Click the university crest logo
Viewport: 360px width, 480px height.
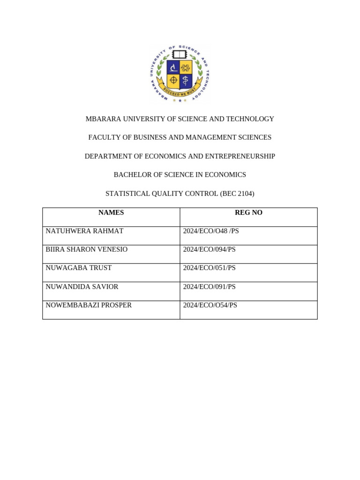tap(180, 74)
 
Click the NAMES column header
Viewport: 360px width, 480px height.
tap(111, 213)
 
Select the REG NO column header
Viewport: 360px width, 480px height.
tap(248, 213)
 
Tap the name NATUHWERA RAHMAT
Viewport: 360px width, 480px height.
tap(84, 231)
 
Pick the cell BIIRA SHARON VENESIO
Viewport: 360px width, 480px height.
tap(86, 249)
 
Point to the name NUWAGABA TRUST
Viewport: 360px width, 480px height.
tap(78, 268)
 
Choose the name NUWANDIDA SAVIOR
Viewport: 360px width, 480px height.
tap(82, 286)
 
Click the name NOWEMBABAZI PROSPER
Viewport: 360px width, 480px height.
tap(89, 305)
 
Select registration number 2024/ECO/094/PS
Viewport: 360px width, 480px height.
tap(209, 249)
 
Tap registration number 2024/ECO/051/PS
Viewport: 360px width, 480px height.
tap(209, 268)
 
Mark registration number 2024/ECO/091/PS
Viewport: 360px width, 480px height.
tap(209, 286)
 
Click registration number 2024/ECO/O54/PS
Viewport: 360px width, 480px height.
tap(210, 305)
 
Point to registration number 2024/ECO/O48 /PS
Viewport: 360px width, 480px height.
tap(211, 231)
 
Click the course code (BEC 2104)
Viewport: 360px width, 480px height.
tap(237, 194)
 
